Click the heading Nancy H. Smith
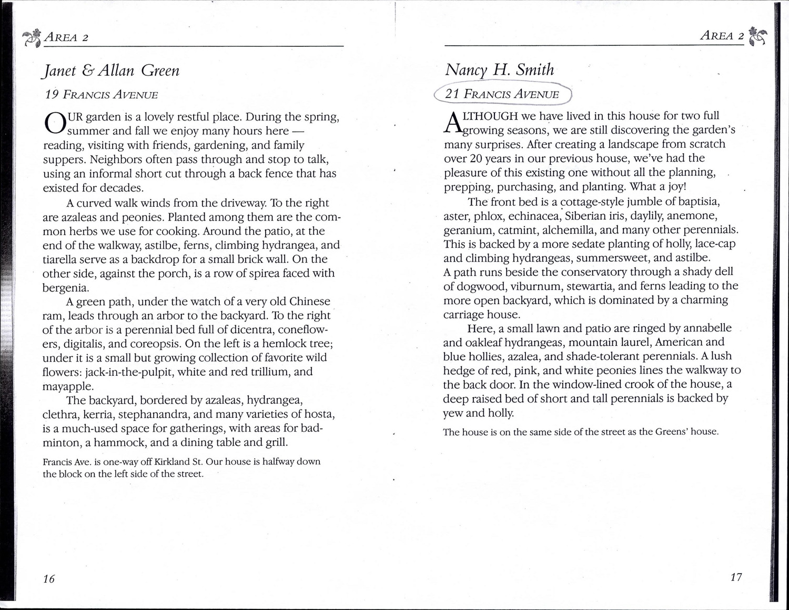[x=499, y=69]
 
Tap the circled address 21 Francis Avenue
[x=502, y=94]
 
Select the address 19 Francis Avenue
[x=102, y=95]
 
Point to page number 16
[x=48, y=579]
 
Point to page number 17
[x=736, y=577]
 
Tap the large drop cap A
[x=452, y=122]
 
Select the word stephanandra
[x=158, y=414]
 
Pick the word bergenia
[x=66, y=287]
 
